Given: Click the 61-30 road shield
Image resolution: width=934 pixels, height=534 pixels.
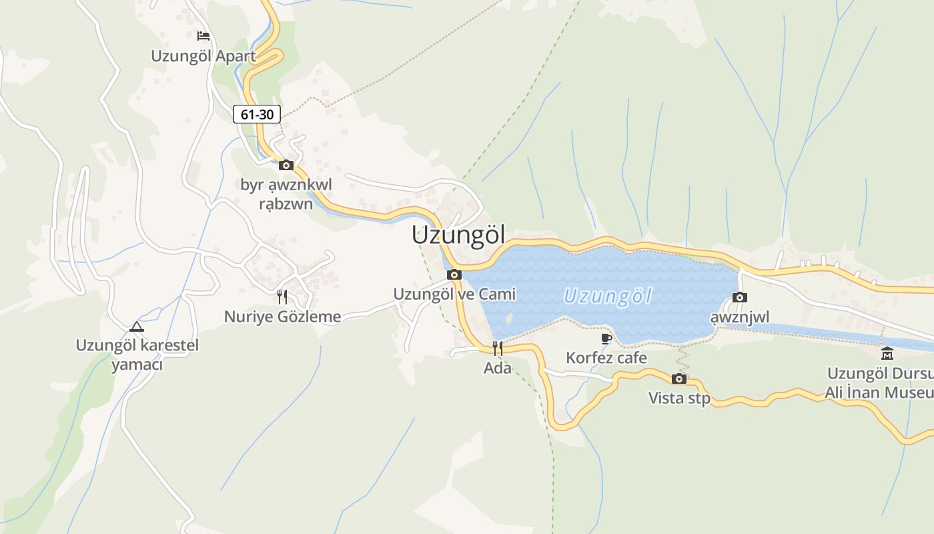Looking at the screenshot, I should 257,114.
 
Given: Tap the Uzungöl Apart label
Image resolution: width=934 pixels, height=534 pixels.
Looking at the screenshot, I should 203,56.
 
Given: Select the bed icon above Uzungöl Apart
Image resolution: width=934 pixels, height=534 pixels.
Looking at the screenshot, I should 203,35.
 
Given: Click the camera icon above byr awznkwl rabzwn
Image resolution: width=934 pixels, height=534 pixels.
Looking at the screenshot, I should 286,165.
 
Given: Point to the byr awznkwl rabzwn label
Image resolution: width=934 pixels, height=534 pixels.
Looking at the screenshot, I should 286,194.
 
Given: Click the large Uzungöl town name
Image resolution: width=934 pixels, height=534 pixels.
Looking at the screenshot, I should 458,235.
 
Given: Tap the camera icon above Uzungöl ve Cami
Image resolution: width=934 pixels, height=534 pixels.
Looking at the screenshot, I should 454,274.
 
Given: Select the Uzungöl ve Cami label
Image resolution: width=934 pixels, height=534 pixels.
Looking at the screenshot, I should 454,294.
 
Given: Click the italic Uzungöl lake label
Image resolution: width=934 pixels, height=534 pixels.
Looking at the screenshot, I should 607,296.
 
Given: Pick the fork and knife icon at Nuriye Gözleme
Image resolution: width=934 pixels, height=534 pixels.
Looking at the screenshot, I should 282,296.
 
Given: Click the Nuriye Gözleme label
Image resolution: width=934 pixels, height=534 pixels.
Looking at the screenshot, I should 282,316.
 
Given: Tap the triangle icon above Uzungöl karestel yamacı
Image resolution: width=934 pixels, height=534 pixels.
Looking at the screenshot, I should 137,326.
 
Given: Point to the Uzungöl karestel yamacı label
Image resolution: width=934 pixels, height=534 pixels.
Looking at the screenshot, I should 137,355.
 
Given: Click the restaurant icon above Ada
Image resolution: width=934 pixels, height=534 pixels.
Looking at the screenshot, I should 498,348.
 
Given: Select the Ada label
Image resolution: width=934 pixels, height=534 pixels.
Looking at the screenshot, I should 498,368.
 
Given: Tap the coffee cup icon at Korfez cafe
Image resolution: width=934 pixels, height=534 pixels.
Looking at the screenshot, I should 606,338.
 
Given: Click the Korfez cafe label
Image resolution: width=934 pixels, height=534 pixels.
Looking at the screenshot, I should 606,358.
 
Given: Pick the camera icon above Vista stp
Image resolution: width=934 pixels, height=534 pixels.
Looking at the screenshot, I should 679,378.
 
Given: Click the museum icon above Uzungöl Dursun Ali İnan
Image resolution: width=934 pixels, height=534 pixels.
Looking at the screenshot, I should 887,353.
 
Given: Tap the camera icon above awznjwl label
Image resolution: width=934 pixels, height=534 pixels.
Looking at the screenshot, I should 740,297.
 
